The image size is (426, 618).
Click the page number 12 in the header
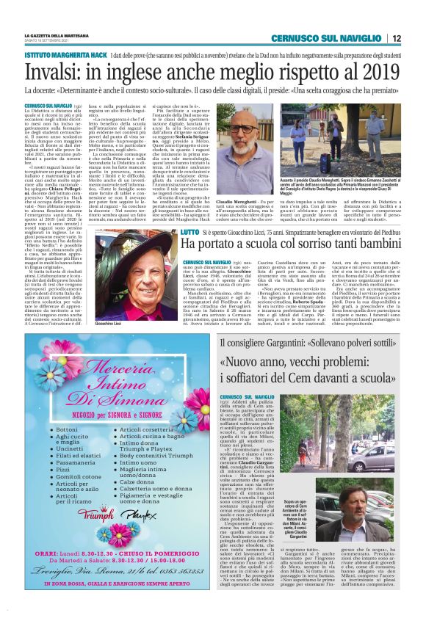[396, 38]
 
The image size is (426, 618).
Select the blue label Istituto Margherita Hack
[65, 55]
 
